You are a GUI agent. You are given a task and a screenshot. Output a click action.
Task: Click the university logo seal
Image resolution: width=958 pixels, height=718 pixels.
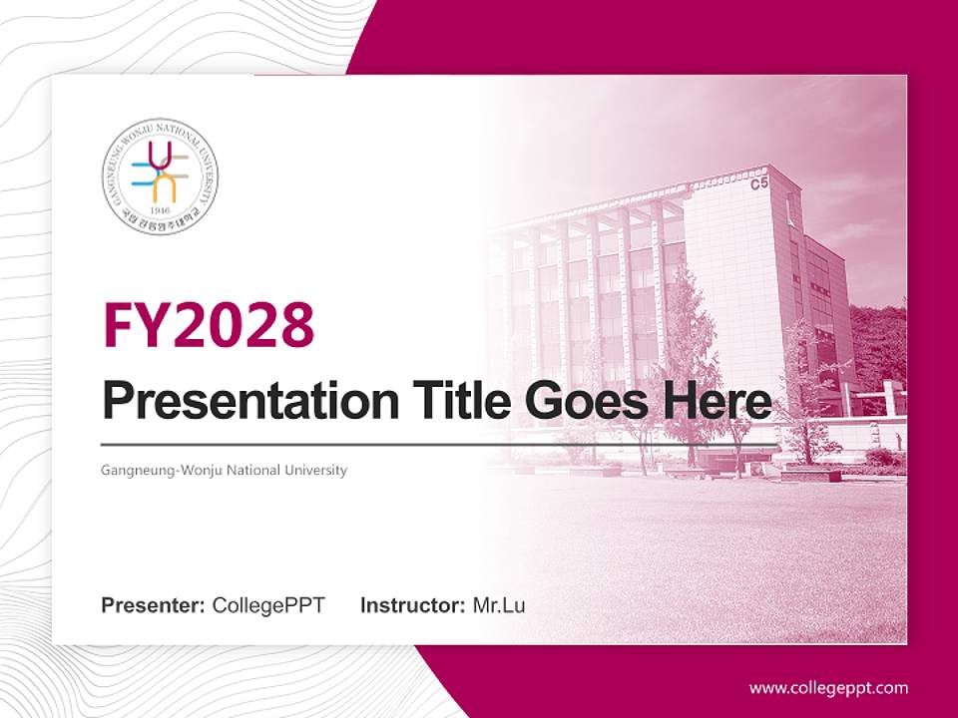[160, 174]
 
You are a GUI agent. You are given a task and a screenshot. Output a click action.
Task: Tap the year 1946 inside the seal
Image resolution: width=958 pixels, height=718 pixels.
[160, 210]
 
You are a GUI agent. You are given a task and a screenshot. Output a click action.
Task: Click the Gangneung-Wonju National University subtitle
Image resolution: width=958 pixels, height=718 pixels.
[225, 470]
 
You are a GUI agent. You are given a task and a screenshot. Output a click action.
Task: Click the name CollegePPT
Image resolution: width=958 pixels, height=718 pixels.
[268, 605]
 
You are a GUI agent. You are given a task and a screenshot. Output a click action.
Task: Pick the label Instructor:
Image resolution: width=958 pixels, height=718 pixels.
[412, 605]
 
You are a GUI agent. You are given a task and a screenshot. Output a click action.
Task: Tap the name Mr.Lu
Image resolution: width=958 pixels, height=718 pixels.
[499, 605]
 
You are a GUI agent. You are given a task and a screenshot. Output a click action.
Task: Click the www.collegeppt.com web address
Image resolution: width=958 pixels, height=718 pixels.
[828, 688]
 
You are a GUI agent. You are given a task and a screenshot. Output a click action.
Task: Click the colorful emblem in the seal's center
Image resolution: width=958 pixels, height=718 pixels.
[160, 170]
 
